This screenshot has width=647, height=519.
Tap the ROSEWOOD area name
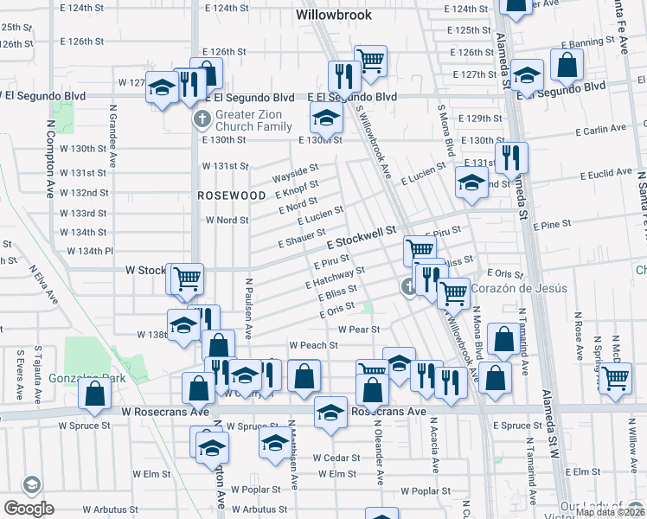pos(232,195)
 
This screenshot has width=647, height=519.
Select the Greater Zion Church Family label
pos(254,120)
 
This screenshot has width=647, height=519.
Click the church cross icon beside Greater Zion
pos(201,119)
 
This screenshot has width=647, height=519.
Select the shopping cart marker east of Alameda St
pos(615,377)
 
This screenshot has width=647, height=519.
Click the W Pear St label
pos(359,329)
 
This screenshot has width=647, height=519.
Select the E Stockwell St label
pos(361,236)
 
